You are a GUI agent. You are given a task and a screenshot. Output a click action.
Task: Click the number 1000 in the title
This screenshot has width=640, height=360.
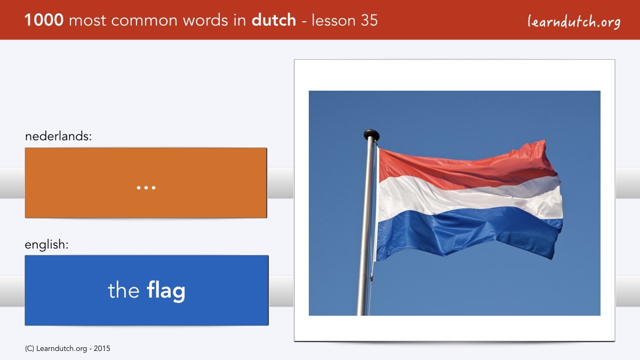point(44,20)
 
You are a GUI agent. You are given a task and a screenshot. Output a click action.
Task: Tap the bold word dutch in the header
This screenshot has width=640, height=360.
point(274,20)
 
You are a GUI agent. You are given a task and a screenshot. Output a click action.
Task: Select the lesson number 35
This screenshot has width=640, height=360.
point(369,20)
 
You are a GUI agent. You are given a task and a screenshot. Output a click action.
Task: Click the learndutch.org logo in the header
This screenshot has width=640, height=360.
point(574,22)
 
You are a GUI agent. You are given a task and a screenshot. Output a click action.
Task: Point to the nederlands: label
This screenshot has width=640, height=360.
point(58,136)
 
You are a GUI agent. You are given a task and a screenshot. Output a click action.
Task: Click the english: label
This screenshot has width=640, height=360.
point(46,245)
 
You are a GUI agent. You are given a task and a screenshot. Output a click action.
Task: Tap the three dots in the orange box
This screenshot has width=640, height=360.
point(146,188)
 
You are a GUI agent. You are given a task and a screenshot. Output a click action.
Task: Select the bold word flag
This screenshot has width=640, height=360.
point(166,291)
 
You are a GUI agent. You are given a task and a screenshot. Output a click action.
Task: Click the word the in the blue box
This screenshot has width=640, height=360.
point(124,290)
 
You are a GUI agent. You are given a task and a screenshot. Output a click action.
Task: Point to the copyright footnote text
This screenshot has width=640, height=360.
point(67,349)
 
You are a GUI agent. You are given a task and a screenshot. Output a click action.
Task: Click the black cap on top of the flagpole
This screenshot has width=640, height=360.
point(371,134)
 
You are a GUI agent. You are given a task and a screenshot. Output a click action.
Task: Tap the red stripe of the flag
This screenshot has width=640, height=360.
point(463,169)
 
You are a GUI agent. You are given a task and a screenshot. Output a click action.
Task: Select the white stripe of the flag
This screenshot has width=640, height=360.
point(469,197)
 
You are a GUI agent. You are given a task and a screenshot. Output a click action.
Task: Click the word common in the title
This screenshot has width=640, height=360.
point(145,21)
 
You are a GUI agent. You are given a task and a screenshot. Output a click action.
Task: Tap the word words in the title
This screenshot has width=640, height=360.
point(206,20)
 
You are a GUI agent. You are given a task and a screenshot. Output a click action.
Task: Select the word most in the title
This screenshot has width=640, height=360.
point(87,21)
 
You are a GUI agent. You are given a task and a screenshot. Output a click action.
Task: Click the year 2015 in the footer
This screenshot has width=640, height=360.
point(102,349)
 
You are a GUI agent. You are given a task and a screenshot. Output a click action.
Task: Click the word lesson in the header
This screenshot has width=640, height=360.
point(333,20)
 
